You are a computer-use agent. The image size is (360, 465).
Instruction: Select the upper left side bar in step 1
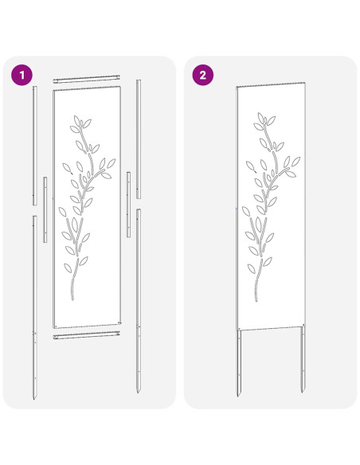pos(34,143)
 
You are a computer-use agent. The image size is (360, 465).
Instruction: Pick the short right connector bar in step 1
pos(128,202)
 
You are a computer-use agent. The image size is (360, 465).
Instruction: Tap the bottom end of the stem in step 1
pos(70,300)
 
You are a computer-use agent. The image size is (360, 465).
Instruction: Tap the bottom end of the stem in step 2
pos(254,297)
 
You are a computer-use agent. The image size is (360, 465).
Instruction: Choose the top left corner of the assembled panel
pos(237,85)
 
